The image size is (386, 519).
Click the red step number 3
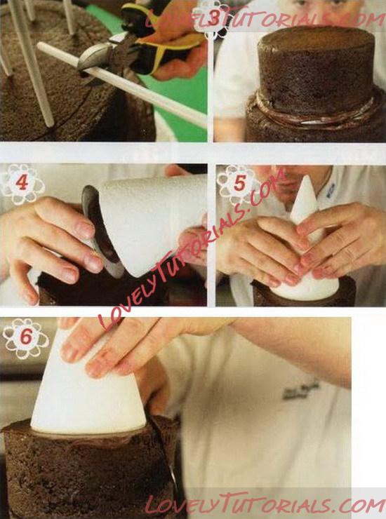pos(214,19)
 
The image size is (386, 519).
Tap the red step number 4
pos(22,182)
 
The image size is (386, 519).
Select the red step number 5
pos(239,183)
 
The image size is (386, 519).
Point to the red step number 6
pos(26,337)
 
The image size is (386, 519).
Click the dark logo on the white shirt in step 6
pos(301,390)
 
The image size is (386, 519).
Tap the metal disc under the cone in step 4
pos(100,231)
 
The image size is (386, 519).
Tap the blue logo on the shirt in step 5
pos(331,190)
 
